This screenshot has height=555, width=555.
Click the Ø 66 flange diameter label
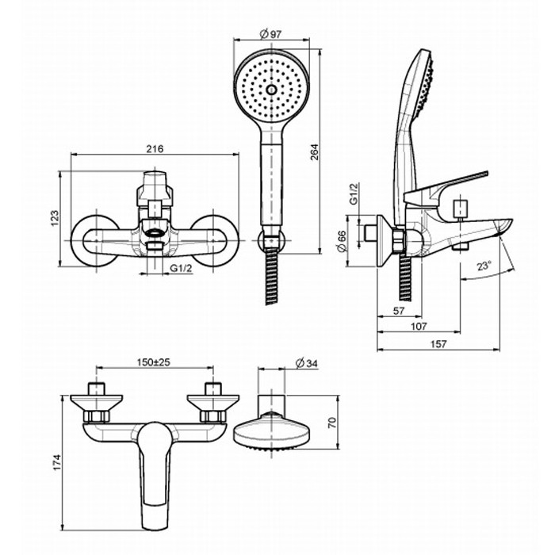pyautogui.click(x=342, y=240)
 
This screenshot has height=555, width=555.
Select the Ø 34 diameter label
pyautogui.click(x=306, y=363)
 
